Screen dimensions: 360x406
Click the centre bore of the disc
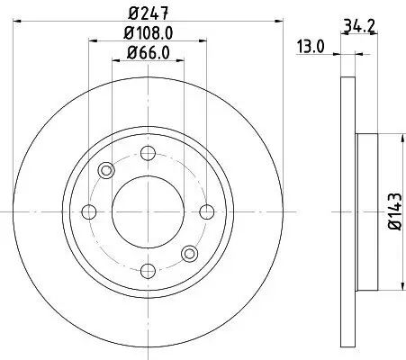point(148,211)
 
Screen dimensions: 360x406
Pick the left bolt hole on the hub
point(89,211)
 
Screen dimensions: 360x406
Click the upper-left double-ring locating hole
point(106,170)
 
